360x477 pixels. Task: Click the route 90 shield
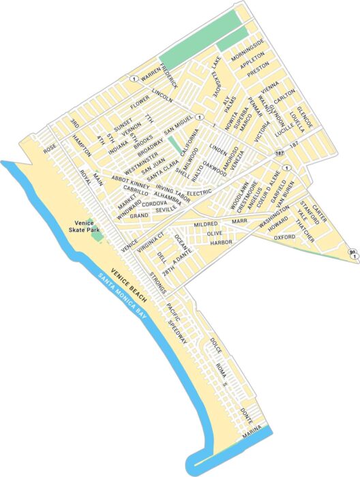point(352,253)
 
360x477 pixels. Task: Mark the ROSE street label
point(49,149)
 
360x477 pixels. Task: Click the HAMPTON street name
point(81,144)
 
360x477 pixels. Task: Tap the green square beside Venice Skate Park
point(97,237)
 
